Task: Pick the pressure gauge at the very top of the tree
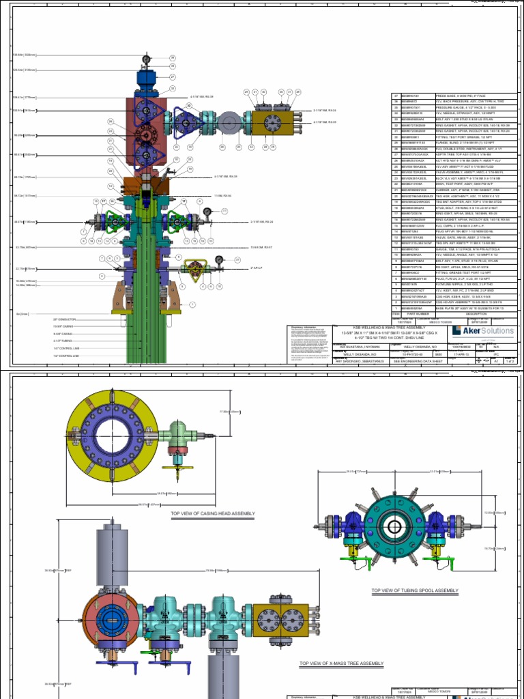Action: tap(146, 60)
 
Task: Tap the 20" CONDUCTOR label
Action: tap(63, 319)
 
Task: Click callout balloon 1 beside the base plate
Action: tap(192, 304)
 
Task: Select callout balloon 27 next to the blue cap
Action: tap(173, 77)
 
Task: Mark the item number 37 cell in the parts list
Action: tap(395, 96)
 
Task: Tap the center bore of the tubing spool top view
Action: tap(395, 526)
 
